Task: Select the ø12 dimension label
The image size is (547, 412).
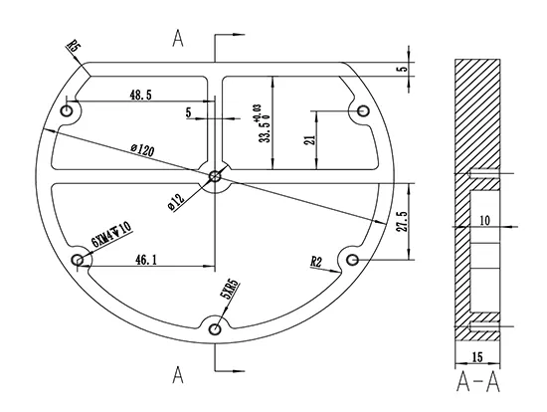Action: [x=175, y=199]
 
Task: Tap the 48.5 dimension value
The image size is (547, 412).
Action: [x=139, y=95]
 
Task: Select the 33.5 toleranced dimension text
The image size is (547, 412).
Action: [x=265, y=121]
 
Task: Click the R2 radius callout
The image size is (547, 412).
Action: [x=316, y=262]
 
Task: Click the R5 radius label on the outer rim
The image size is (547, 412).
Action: [x=73, y=46]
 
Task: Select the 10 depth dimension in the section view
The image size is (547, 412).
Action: [x=484, y=220]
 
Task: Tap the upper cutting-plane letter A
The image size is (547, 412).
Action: [x=178, y=39]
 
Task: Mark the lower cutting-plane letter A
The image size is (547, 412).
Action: [x=178, y=374]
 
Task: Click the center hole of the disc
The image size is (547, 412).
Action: [x=216, y=177]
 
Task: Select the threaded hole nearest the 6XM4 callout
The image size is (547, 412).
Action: [x=77, y=261]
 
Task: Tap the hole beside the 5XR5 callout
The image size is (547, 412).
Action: [x=215, y=328]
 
